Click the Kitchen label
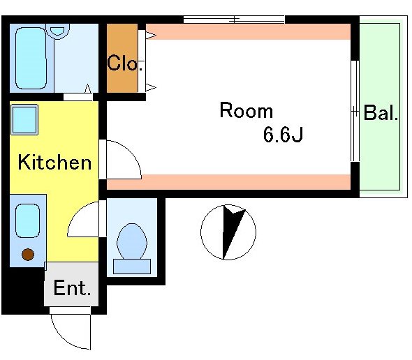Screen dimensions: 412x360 point(54,162)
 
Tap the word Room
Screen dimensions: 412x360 point(247,110)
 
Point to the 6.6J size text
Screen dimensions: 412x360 point(283,134)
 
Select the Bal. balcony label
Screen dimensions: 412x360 point(381,112)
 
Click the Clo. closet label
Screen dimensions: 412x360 point(125,63)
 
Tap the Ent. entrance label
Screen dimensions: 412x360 point(72,287)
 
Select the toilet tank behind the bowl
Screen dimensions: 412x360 point(132,267)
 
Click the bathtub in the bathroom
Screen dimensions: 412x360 point(31,59)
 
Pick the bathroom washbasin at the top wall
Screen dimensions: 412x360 point(58,31)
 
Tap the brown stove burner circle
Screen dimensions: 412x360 point(28,254)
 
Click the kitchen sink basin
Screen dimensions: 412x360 point(28,221)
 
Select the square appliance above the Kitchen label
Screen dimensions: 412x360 point(24,119)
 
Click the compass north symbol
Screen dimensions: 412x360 point(228,232)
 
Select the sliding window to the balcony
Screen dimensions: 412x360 point(355,112)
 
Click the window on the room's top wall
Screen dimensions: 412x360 point(234,20)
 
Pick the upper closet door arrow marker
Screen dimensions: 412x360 point(151,35)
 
